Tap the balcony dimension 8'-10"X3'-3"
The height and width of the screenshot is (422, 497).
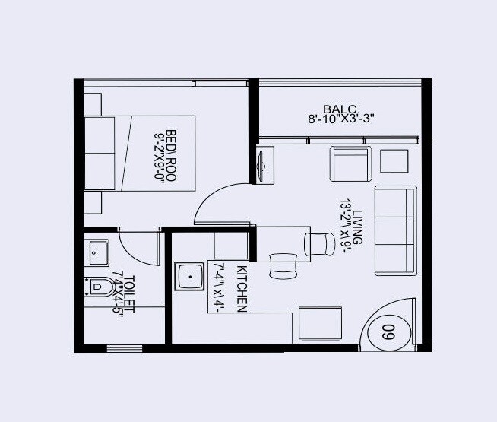(x=341, y=119)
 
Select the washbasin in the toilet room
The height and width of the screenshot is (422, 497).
(x=98, y=250)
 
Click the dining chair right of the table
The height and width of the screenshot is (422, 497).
(x=320, y=243)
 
